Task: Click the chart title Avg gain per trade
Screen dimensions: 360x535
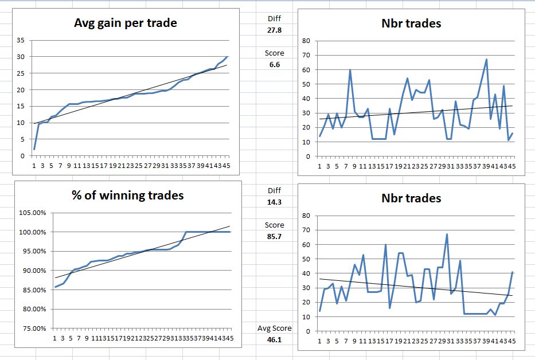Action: point(126,24)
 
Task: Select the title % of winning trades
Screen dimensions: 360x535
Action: point(127,195)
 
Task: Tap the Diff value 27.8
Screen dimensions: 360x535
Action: point(274,30)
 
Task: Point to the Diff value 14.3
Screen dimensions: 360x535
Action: point(274,202)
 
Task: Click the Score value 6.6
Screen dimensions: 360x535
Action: point(274,65)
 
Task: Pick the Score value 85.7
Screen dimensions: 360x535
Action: point(274,236)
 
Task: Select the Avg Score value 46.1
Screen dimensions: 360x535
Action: point(274,340)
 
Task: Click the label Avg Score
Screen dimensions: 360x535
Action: point(274,328)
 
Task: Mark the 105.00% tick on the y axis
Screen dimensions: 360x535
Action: point(34,213)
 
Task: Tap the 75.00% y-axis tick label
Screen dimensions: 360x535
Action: point(34,328)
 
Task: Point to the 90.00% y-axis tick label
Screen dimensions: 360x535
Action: point(34,271)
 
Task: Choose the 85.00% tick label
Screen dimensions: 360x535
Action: point(34,290)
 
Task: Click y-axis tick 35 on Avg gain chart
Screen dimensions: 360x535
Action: point(21,40)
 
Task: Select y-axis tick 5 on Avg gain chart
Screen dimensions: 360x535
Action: point(22,139)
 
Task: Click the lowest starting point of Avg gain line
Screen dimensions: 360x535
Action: point(34,149)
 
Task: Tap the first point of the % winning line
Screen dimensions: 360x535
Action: point(55,287)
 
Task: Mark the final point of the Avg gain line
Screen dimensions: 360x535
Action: point(227,57)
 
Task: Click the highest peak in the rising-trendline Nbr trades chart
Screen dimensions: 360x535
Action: point(486,59)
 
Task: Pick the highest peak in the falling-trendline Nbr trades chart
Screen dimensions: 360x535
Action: point(447,234)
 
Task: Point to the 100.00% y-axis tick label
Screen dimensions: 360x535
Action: point(34,232)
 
